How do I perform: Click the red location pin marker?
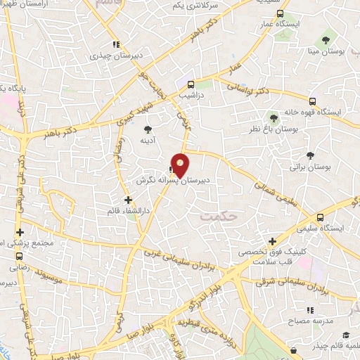tap(181, 164)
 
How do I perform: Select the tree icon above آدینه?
tap(148, 129)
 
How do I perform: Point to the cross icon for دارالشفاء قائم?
tap(127, 199)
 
